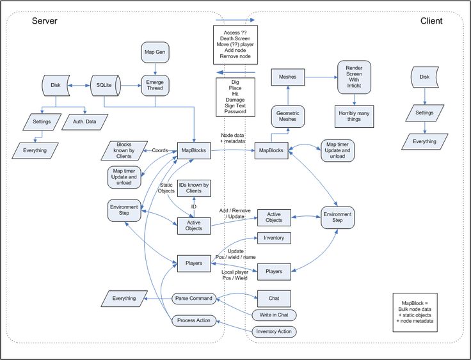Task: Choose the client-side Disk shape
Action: tap(424, 77)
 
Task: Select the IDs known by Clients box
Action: tap(193, 187)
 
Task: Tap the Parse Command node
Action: tap(193, 299)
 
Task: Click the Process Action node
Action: tap(193, 320)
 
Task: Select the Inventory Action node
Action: tap(274, 331)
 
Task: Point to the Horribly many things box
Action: tap(354, 116)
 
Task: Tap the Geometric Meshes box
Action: tap(288, 116)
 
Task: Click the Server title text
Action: tap(45, 21)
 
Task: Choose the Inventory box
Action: tap(274, 238)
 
